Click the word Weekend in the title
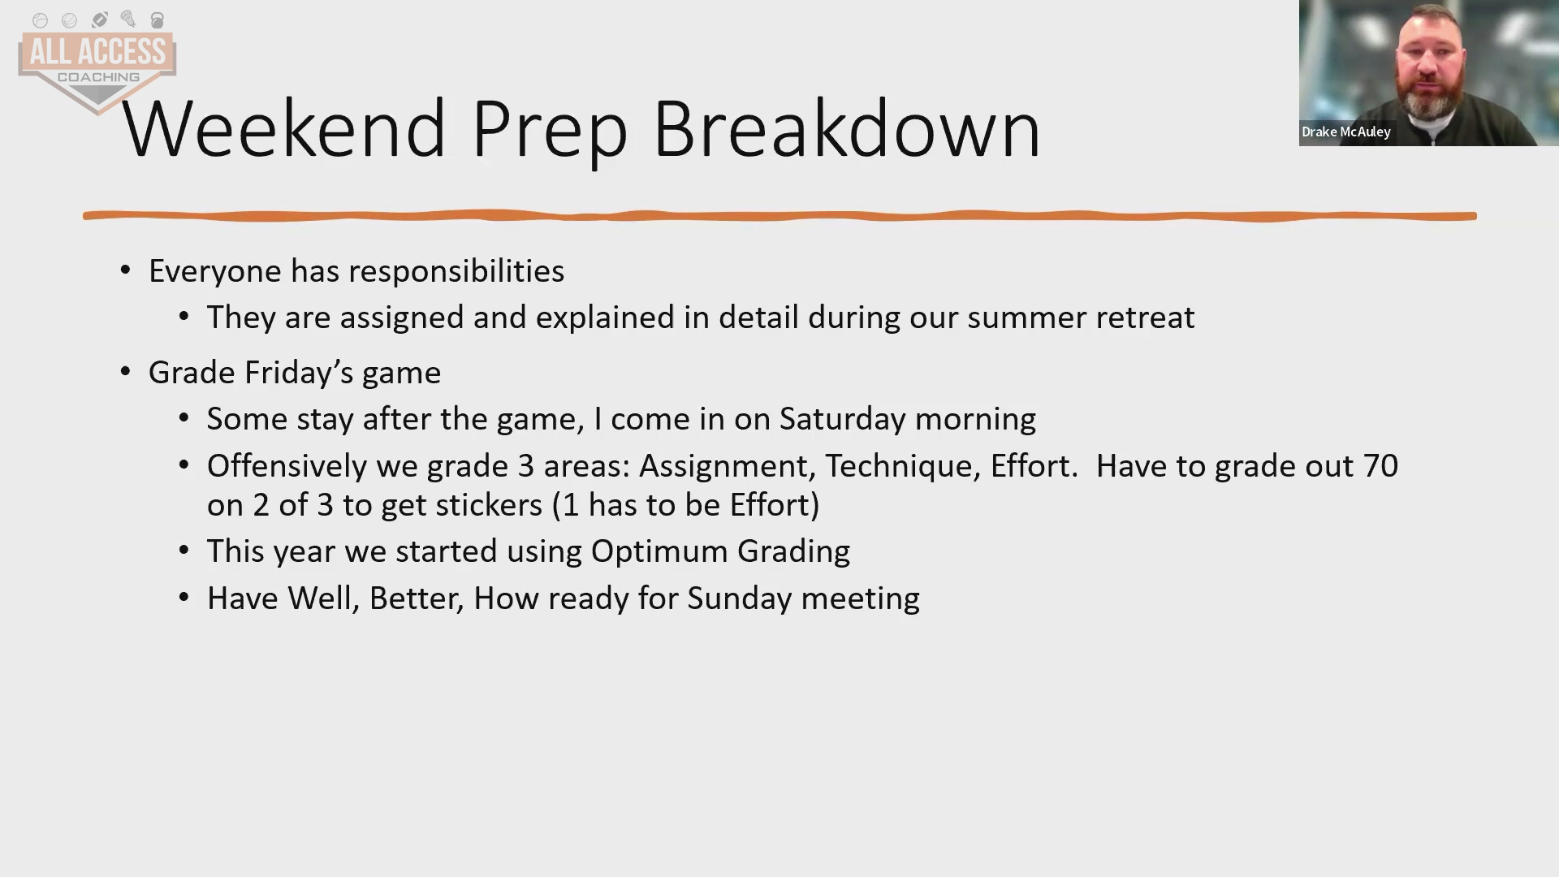[283, 128]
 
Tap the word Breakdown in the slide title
[846, 128]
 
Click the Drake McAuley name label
[1345, 132]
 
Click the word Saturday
[842, 419]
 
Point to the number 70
[1380, 466]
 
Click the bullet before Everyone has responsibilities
[125, 270]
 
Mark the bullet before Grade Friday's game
[125, 372]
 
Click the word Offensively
[312, 466]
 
